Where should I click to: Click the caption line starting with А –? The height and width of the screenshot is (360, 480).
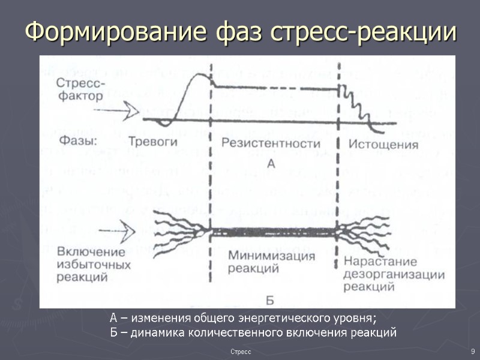click(x=243, y=318)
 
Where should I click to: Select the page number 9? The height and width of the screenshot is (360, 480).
click(x=473, y=350)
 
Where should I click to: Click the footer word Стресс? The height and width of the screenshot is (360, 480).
click(x=241, y=350)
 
